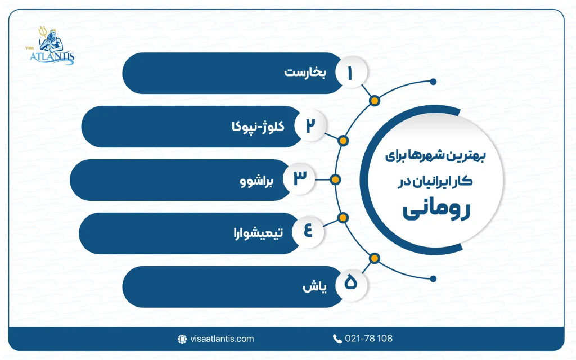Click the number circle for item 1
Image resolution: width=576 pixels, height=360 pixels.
352,74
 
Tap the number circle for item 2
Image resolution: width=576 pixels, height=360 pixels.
310,126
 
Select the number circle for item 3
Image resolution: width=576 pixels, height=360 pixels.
299,179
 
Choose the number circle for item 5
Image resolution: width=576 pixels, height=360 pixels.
351,285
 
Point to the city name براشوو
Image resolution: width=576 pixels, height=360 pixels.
255,181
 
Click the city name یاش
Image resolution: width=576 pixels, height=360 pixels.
310,286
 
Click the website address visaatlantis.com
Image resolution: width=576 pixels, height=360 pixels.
222,339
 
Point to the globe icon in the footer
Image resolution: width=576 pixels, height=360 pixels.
182,339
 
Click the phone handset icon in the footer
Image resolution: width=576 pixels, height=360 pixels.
337,339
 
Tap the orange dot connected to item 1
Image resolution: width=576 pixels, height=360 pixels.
375,101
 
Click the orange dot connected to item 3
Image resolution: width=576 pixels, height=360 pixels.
336,179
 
